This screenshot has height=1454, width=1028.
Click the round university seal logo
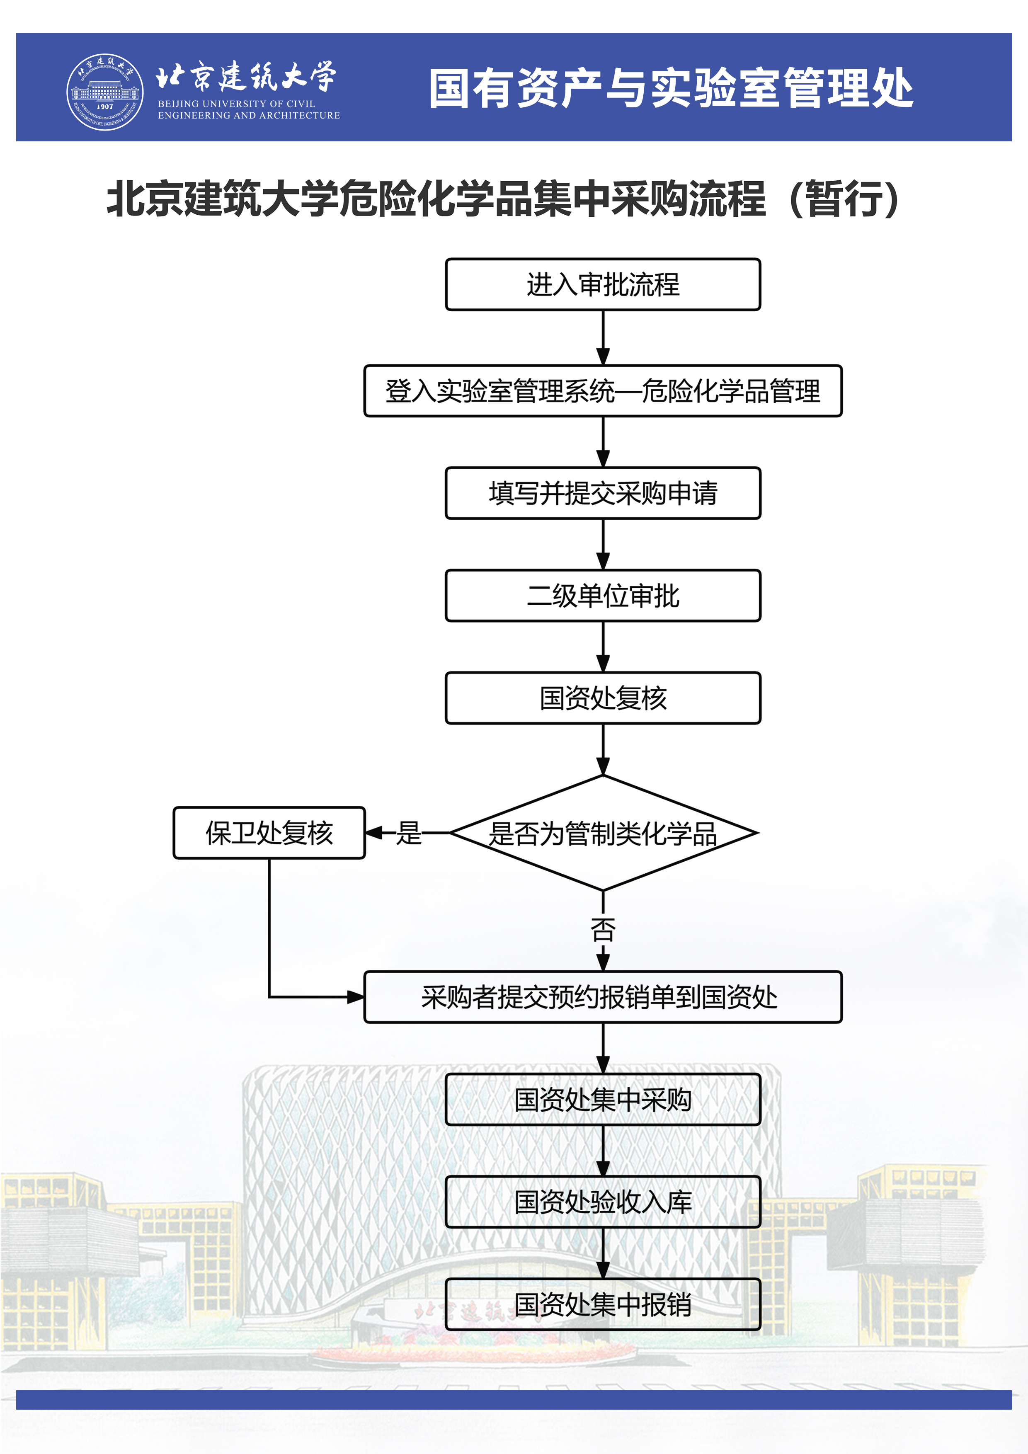coord(105,92)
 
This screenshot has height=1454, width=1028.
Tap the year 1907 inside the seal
coord(105,107)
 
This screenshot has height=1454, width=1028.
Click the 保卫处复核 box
coord(269,833)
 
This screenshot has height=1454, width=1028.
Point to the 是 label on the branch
coord(409,833)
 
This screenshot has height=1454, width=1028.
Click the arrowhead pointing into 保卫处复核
coord(374,833)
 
